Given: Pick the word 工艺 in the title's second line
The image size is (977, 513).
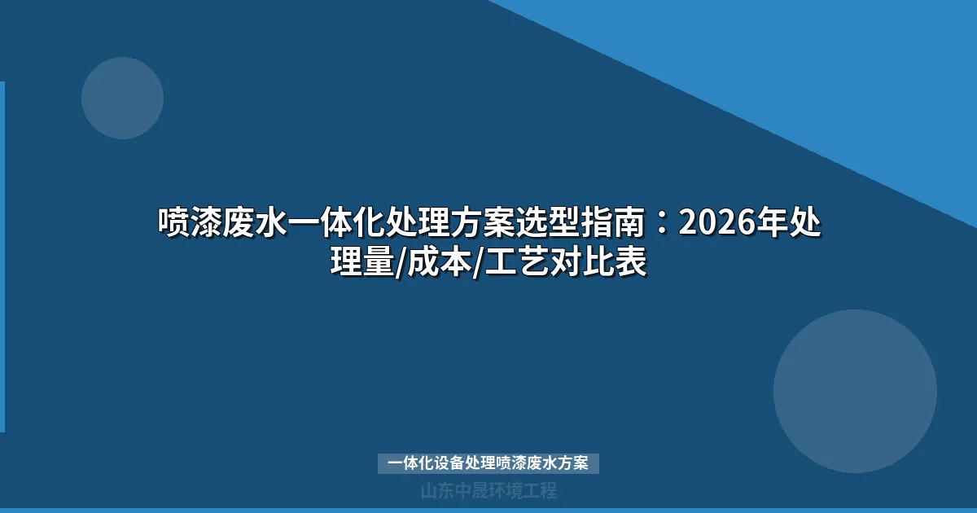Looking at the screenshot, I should (x=519, y=262).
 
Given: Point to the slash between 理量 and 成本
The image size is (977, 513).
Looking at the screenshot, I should (x=399, y=263).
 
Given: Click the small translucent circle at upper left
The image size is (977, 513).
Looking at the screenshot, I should (x=122, y=98).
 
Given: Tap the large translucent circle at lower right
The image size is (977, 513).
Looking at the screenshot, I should (x=855, y=391).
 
